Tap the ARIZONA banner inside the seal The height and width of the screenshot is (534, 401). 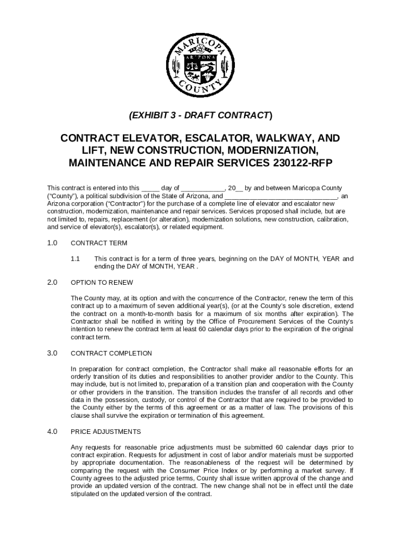200,56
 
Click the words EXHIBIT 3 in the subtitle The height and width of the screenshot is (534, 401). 156,115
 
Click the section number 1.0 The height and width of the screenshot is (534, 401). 52,243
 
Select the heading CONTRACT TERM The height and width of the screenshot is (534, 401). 98,243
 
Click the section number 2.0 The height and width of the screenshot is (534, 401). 52,283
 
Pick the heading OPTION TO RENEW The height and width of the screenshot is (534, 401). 102,283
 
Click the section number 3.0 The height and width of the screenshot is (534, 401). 52,353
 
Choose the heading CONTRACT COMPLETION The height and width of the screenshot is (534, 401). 111,353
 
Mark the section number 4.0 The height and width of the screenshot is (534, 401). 52,432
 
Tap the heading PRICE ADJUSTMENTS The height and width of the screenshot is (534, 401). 106,432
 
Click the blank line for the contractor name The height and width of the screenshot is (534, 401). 281,196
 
